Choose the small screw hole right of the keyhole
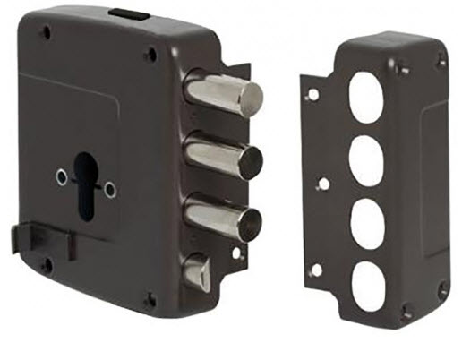(109, 189)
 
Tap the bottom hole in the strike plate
(368, 286)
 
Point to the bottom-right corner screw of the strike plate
(441, 289)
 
